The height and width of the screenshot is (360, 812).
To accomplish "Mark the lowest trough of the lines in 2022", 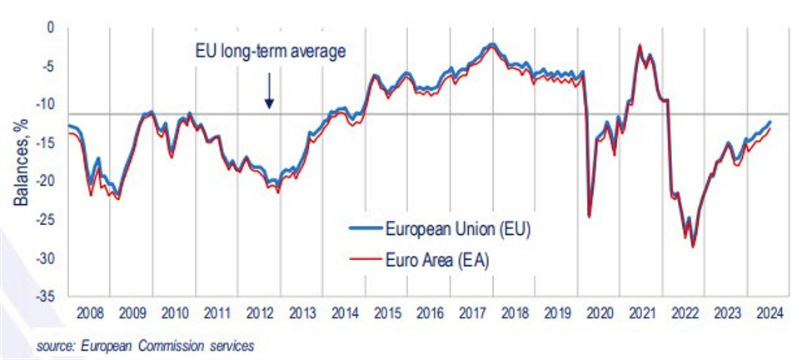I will pos(693,247).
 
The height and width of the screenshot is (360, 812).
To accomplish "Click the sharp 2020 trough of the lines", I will pos(590,217).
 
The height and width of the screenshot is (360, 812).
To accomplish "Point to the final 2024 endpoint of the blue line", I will pos(769,122).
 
